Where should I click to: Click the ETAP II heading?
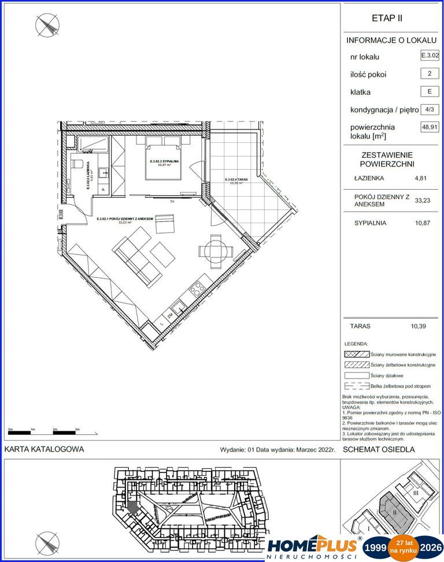click(x=387, y=18)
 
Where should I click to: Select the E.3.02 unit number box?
click(x=430, y=56)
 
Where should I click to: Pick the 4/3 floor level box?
click(x=430, y=109)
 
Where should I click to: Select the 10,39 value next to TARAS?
click(x=418, y=326)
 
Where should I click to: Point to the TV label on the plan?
click(x=172, y=202)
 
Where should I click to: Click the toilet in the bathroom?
click(x=79, y=163)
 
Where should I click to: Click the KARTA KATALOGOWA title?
click(x=44, y=449)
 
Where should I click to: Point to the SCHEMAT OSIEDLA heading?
click(x=379, y=449)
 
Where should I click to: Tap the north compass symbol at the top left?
click(x=47, y=25)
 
